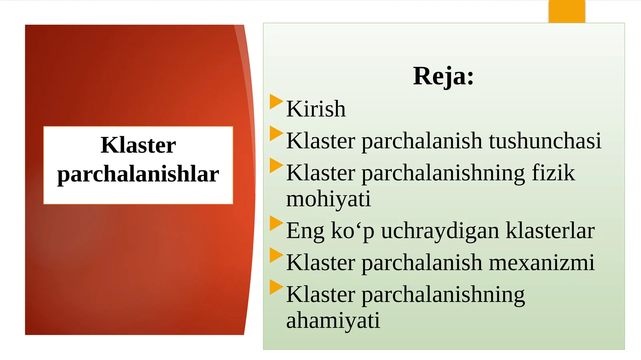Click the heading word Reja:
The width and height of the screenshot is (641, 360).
(443, 76)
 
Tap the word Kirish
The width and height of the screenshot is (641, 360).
(316, 109)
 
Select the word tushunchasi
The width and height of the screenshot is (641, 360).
(545, 141)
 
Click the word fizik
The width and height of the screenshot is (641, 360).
(553, 173)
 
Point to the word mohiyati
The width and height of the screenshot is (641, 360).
(329, 199)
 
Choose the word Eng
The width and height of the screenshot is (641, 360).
(305, 231)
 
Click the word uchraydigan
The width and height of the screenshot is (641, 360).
(440, 231)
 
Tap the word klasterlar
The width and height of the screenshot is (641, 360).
(550, 231)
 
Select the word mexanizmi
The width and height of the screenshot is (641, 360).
(542, 263)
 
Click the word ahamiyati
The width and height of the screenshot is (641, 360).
(333, 320)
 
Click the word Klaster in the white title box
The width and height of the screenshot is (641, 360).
(138, 145)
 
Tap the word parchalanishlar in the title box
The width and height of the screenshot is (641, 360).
(138, 174)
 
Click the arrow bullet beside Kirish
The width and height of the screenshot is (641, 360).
(276, 101)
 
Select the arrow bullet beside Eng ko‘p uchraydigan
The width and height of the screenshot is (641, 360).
(276, 223)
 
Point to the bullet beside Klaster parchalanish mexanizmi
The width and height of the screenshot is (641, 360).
(276, 255)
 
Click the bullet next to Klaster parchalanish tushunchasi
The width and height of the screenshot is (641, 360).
(276, 133)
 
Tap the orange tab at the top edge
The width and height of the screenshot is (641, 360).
(566, 11)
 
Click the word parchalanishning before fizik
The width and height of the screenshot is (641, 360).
(443, 173)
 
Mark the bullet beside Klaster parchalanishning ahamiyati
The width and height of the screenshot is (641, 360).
(276, 287)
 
